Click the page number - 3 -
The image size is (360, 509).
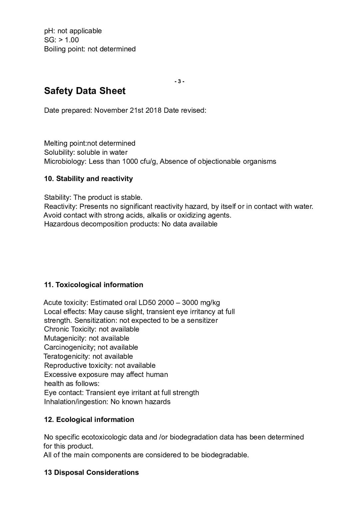click(x=179, y=81)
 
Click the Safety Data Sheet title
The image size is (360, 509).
click(x=85, y=91)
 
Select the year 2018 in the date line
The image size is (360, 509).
click(x=153, y=110)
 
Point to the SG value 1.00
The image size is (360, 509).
click(x=72, y=40)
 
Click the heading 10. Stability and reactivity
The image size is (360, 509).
click(x=88, y=179)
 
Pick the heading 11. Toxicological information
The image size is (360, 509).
click(x=93, y=285)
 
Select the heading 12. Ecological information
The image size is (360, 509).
click(x=89, y=420)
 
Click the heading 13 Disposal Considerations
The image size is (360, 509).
click(x=91, y=473)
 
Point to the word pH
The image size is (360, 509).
click(x=49, y=31)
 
